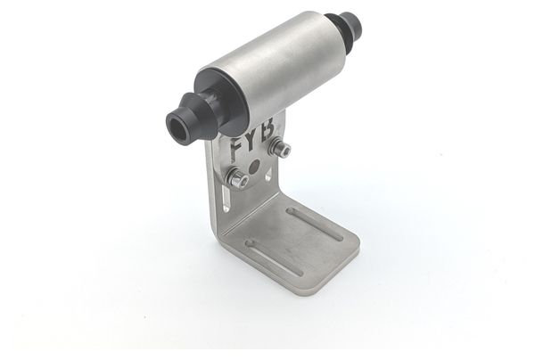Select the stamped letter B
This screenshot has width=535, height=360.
point(267,129)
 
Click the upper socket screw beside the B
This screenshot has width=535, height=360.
point(280,147)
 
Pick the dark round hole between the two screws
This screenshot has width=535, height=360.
point(254,166)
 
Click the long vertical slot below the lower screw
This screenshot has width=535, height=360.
point(226,199)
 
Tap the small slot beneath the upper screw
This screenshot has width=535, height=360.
point(269,175)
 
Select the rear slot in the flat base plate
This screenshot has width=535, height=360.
point(315,224)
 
